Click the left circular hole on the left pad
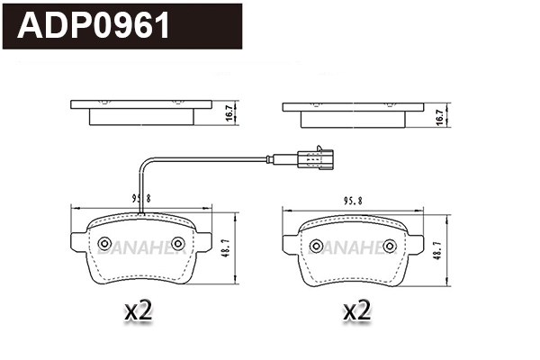point(104,244)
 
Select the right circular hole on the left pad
point(177,244)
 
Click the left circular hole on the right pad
point(316,246)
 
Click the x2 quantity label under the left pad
point(138,312)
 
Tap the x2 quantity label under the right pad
point(357,312)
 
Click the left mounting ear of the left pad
point(77,244)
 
